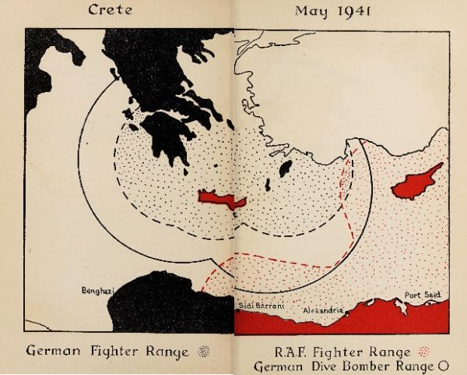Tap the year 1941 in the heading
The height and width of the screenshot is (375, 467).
click(x=349, y=11)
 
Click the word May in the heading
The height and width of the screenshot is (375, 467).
click(x=309, y=12)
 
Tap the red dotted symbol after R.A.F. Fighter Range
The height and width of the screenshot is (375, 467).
click(x=424, y=351)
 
